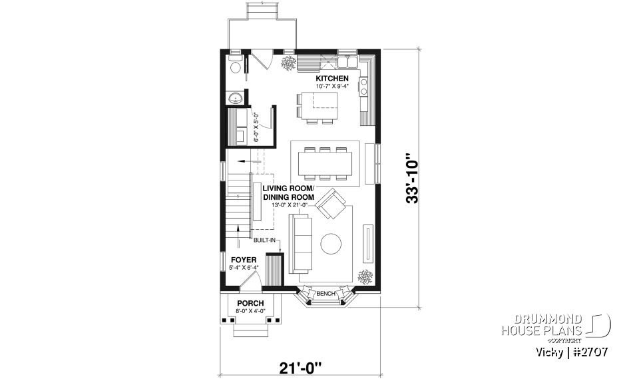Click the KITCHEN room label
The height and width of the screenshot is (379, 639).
point(331,78)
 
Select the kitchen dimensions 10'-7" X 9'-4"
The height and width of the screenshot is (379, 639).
point(331,86)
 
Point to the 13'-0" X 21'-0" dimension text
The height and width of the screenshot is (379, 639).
point(291,205)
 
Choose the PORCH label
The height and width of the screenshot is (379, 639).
point(250,303)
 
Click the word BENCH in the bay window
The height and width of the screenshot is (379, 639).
point(325,294)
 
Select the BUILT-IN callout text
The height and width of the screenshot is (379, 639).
point(264,240)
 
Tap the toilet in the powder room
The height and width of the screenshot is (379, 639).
point(234,67)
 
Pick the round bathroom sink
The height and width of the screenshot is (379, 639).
point(235,99)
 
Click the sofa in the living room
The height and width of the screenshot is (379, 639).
point(301,243)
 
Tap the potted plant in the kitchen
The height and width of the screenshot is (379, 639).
point(289,64)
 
